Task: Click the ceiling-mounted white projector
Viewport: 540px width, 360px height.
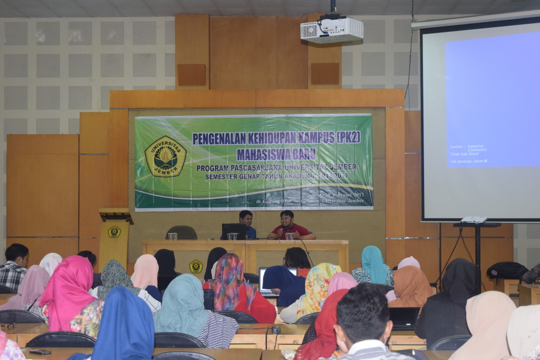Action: click(x=332, y=30)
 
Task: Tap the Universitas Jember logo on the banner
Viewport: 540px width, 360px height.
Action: click(x=165, y=157)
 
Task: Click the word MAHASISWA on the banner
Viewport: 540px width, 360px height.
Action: click(x=262, y=154)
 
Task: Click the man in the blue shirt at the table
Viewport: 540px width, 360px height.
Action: click(x=247, y=223)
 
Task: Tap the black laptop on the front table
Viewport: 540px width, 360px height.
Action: click(x=233, y=231)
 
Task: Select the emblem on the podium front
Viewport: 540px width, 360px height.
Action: click(x=114, y=232)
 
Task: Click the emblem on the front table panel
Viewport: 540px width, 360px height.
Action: click(x=196, y=266)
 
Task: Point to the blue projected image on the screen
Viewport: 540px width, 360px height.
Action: click(x=491, y=100)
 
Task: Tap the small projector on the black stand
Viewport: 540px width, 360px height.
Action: click(x=474, y=220)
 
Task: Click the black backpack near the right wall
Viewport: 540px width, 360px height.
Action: click(x=506, y=271)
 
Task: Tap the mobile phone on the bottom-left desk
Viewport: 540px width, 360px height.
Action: click(x=40, y=352)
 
